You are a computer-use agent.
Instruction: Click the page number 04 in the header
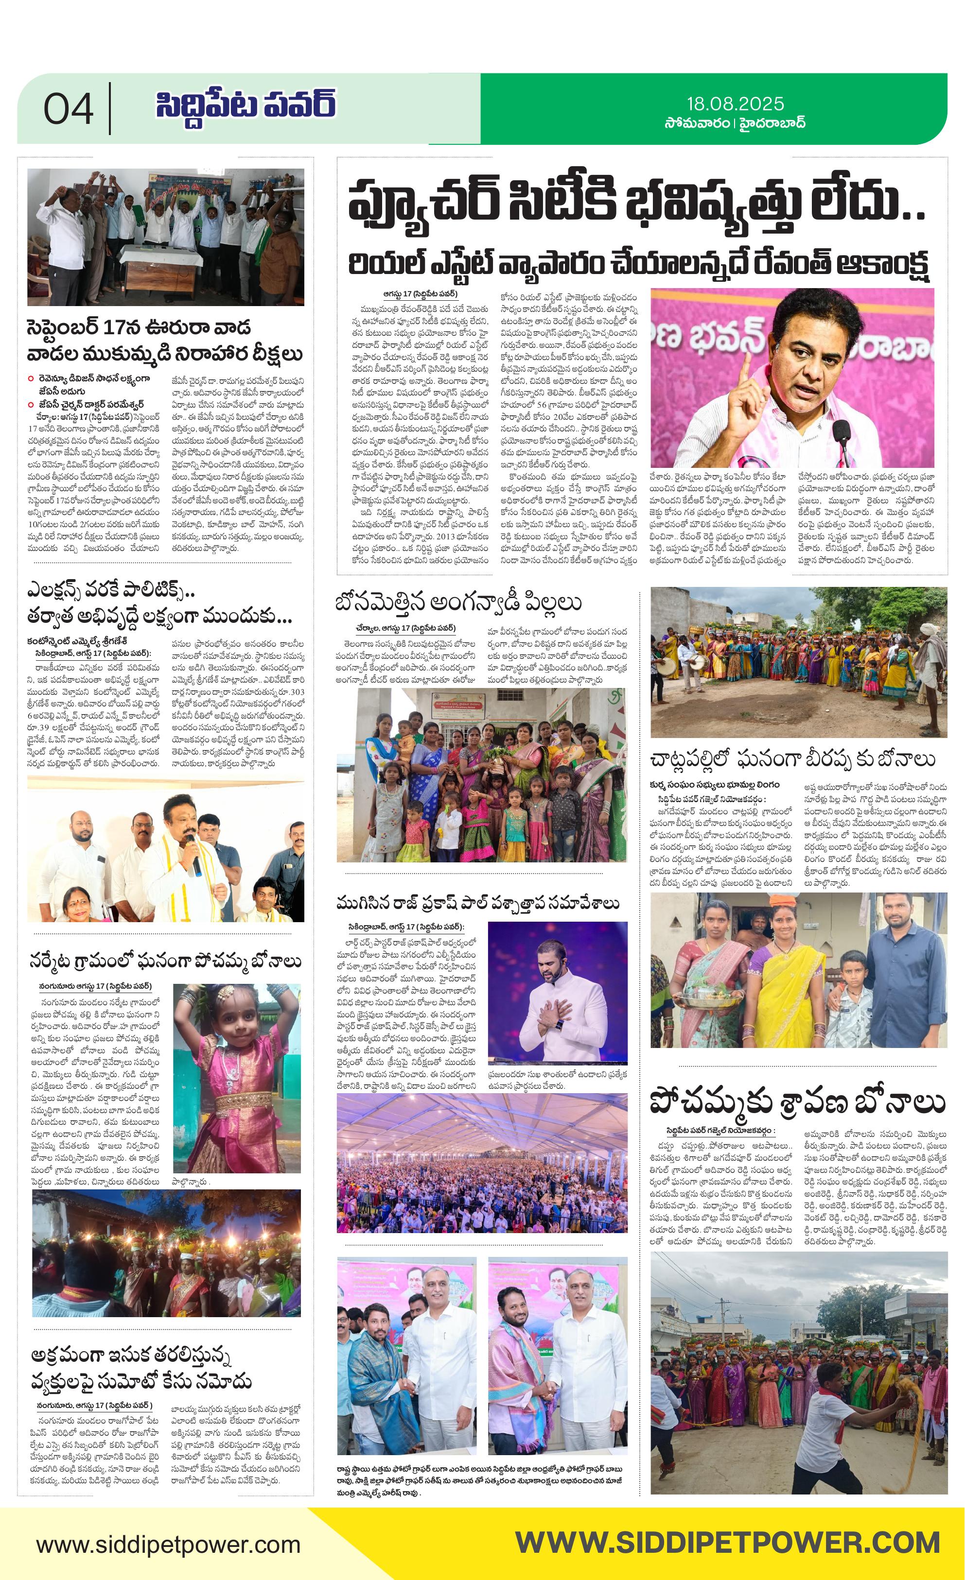pos(68,109)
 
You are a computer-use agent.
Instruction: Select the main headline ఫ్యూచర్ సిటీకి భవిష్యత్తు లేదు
pos(638,201)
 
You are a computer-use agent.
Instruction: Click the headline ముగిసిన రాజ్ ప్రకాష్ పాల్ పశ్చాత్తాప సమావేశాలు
pos(478,904)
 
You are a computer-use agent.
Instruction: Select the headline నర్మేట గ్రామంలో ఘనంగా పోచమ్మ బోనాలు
pos(166,961)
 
